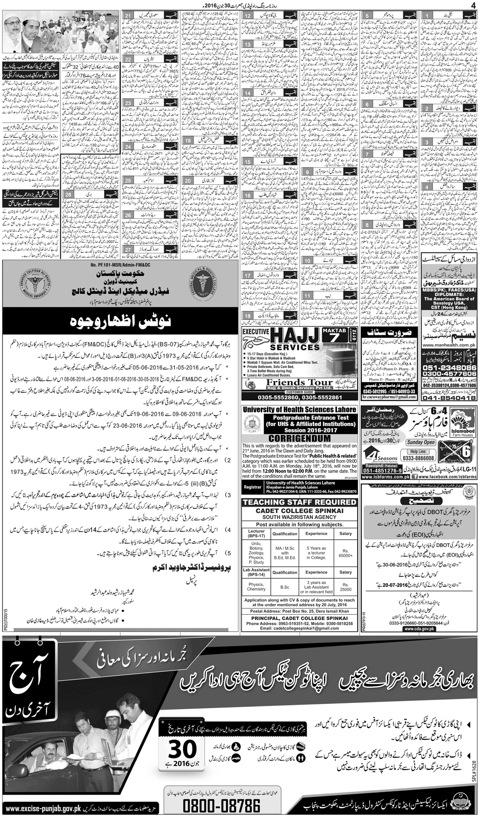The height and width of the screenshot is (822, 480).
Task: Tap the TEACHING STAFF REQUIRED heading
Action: coord(300,502)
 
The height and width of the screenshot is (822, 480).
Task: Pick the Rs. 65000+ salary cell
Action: coord(346,553)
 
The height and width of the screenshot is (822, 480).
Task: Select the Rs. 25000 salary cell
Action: coord(346,587)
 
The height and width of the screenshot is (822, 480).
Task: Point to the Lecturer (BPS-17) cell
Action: coord(256,533)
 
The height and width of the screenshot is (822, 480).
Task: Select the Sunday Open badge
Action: coord(420,442)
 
